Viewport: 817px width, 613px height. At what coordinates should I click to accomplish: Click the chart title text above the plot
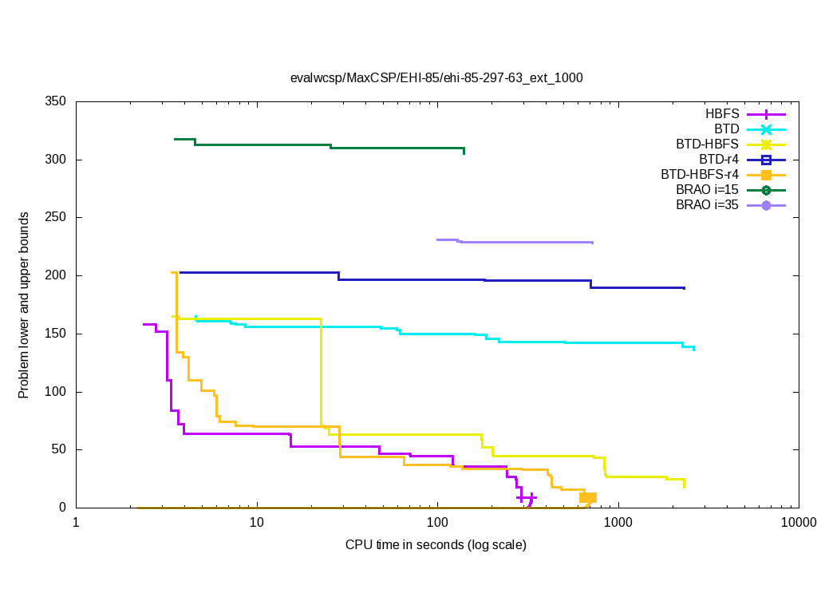[436, 78]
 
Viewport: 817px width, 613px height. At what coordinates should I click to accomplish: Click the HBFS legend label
[722, 113]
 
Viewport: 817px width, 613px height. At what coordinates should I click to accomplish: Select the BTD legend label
[727, 129]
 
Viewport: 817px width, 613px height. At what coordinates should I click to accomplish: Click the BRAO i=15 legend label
[707, 189]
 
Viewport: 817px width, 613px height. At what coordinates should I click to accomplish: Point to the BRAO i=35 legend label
[707, 204]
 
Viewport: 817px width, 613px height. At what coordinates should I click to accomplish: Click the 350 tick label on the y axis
[55, 102]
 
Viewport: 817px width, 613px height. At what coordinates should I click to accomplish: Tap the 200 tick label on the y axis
[55, 276]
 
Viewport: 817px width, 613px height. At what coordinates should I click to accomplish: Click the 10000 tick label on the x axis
[798, 523]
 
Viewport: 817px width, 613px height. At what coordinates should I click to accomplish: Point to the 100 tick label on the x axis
[437, 523]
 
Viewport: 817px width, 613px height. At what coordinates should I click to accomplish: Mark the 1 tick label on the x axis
[76, 523]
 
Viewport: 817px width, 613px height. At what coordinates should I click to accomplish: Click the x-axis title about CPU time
[436, 545]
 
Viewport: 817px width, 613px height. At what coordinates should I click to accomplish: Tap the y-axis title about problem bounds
[25, 306]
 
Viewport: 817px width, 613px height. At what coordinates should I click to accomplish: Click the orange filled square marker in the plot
[588, 497]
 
